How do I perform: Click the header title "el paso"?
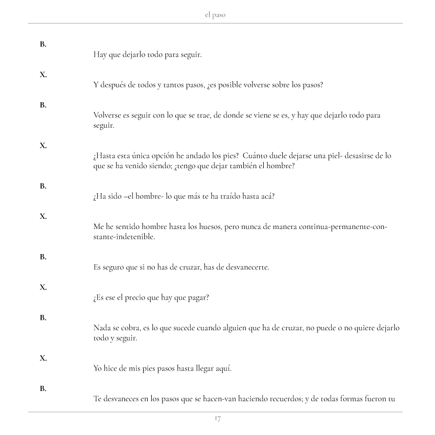pyautogui.click(x=215, y=15)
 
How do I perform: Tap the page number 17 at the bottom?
pyautogui.click(x=217, y=420)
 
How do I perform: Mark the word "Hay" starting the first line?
pyautogui.click(x=100, y=55)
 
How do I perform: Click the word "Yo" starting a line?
pyautogui.click(x=98, y=368)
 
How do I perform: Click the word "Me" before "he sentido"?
pyautogui.click(x=99, y=227)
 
